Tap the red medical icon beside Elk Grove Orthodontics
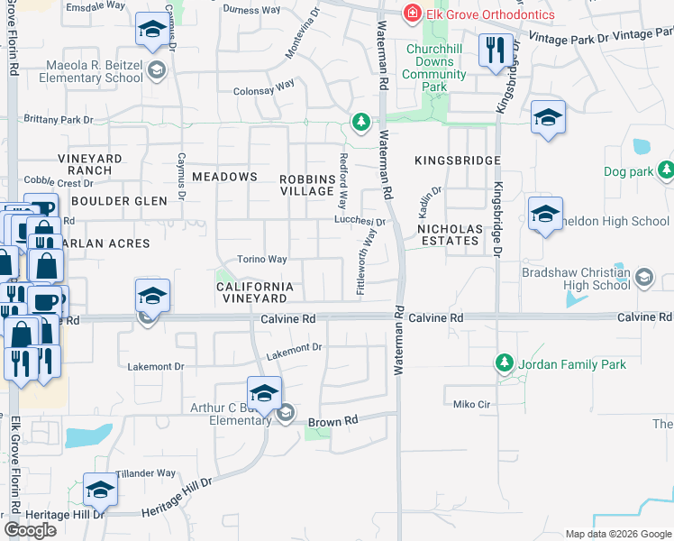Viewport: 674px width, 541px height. click(412, 13)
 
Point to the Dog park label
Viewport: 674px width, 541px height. click(627, 170)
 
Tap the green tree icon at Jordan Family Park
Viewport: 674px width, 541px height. click(504, 364)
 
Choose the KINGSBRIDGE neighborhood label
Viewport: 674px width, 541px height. click(457, 160)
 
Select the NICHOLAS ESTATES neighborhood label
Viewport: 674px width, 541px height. click(449, 234)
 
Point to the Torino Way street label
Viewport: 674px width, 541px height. click(261, 260)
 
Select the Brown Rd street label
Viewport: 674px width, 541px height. click(333, 421)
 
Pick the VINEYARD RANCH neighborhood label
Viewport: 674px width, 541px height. click(90, 164)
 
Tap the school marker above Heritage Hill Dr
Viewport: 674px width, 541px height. click(100, 490)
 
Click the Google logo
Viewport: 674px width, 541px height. click(31, 530)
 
